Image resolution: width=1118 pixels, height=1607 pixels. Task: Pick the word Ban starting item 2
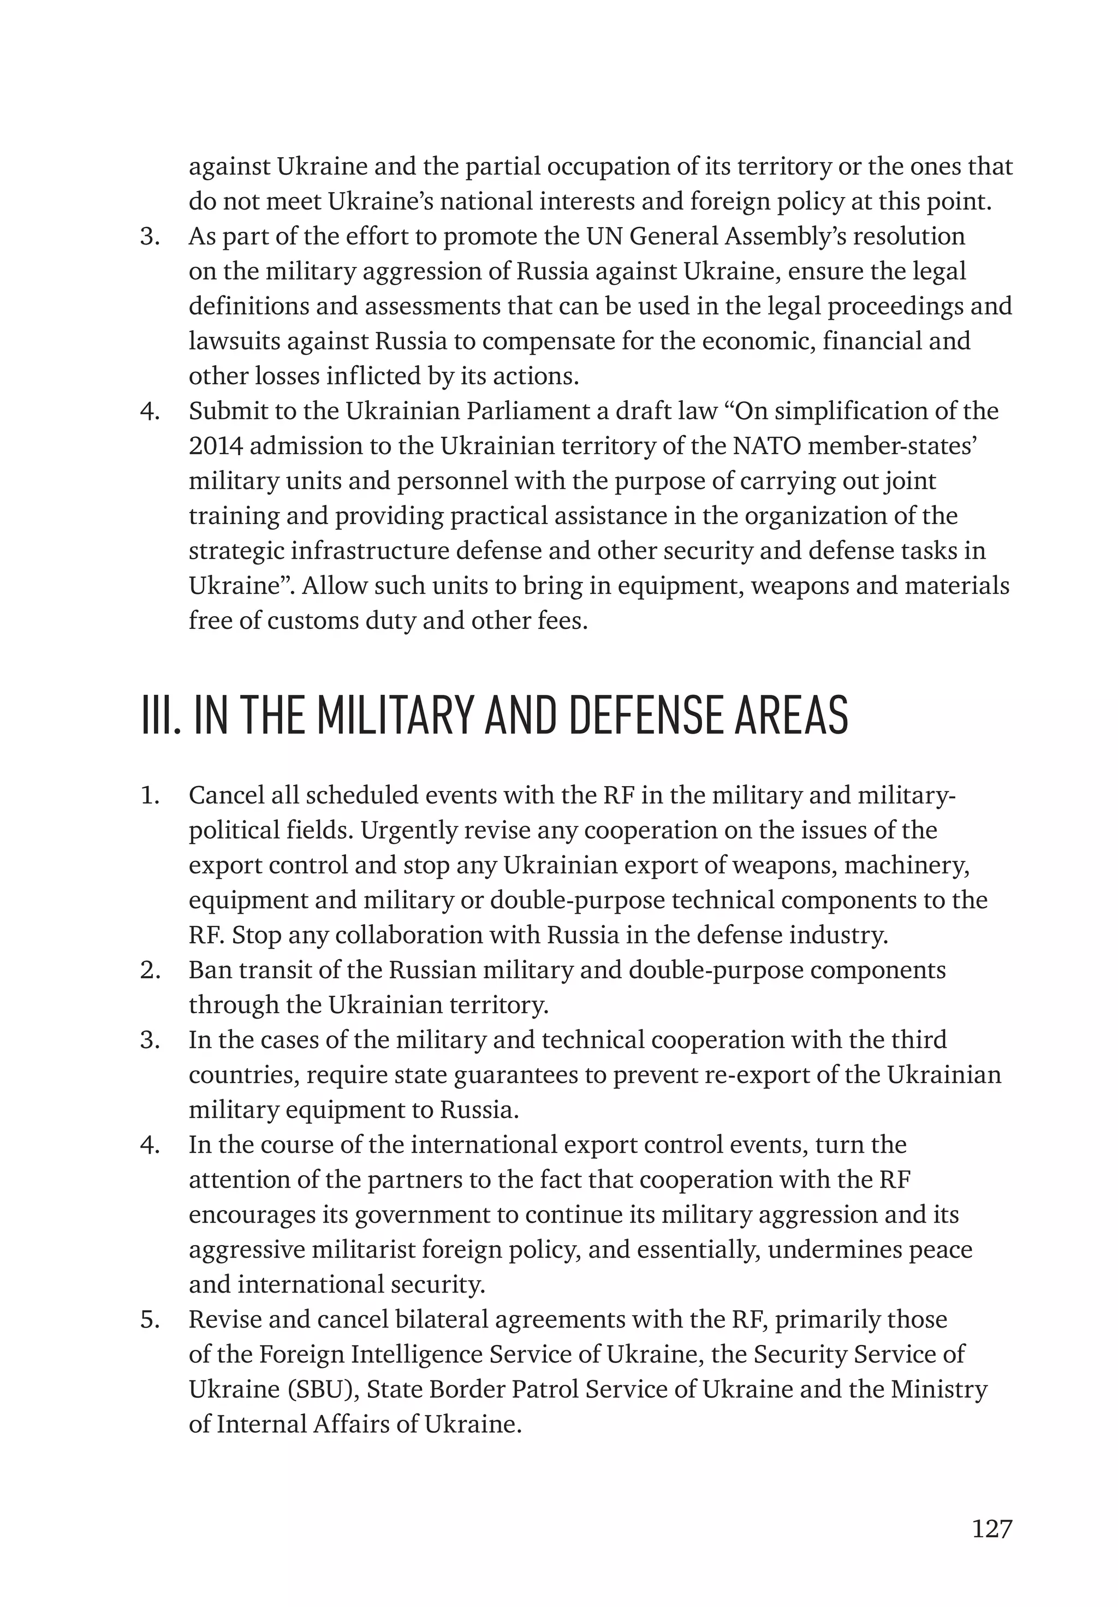tap(208, 970)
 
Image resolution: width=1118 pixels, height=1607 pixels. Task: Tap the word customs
tap(313, 621)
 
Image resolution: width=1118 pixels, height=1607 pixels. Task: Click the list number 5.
tap(150, 1319)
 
